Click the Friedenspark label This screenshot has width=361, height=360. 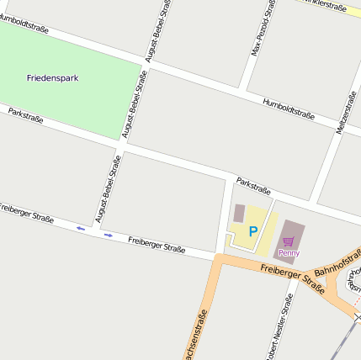pos(52,77)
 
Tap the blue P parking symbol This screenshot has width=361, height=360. pos(252,230)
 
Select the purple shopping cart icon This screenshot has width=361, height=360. pos(289,241)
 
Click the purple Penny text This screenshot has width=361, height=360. pos(289,252)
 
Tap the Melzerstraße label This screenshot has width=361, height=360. pos(344,111)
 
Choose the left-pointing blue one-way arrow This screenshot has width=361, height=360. pos(81,228)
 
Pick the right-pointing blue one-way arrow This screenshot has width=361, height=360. pos(109,235)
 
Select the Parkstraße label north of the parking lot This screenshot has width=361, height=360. pos(253,184)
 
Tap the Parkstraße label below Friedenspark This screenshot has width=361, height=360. pos(26,116)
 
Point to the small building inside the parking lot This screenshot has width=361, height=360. pos(239,213)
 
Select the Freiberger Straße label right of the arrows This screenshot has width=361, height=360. pos(157,245)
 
